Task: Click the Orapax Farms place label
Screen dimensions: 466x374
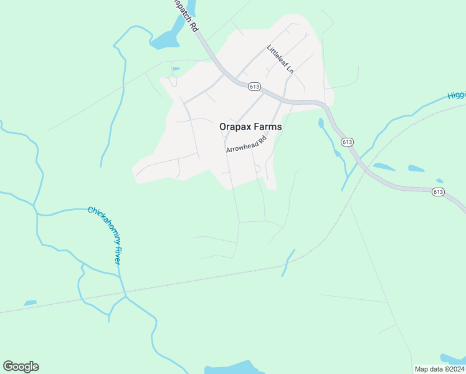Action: [250, 127]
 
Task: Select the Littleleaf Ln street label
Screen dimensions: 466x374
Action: [280, 59]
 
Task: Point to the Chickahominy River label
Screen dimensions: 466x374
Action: [104, 236]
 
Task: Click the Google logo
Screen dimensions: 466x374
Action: [21, 367]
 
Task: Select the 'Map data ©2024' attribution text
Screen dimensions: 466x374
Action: [439, 369]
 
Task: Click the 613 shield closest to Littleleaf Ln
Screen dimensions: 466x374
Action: [254, 86]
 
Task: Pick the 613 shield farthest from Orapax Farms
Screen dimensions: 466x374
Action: [438, 192]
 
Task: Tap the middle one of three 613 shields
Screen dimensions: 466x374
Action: [348, 142]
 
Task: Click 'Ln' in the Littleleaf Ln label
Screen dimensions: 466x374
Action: [289, 69]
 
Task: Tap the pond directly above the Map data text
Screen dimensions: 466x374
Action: [452, 358]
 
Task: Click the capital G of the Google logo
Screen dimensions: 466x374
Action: [8, 367]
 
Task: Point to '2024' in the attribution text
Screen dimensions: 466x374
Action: [455, 369]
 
